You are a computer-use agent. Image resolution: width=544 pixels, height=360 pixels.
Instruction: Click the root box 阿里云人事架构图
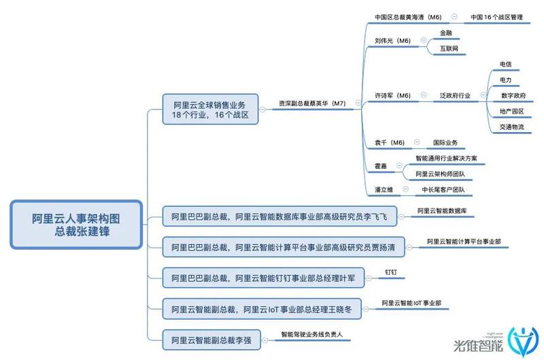click(76, 225)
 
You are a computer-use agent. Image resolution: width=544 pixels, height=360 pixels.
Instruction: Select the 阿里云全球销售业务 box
click(210, 110)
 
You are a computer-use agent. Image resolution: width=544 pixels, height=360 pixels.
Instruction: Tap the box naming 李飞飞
click(279, 216)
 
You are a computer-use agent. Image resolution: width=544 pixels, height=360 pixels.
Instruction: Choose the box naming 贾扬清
click(284, 247)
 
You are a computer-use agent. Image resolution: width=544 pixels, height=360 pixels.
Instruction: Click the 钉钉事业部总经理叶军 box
click(263, 278)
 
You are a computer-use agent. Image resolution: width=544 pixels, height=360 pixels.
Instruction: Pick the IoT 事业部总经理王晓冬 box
click(262, 309)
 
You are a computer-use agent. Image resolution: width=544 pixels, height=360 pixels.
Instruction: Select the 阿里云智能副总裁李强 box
click(211, 340)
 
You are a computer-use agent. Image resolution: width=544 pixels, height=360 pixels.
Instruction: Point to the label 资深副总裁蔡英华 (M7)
click(312, 103)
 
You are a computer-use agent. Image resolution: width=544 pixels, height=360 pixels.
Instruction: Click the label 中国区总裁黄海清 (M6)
click(408, 17)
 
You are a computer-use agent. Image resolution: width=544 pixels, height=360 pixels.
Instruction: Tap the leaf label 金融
click(446, 33)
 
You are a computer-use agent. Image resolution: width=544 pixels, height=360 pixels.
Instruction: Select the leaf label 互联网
click(449, 48)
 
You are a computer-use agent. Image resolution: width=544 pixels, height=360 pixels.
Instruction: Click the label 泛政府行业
click(455, 95)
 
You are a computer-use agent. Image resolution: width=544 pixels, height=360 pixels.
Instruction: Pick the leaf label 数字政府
click(513, 95)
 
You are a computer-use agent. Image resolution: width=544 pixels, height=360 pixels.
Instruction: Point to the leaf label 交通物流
click(512, 127)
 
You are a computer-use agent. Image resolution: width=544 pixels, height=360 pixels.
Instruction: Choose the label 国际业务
click(445, 142)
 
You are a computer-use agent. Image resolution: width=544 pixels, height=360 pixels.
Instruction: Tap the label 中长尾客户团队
click(443, 190)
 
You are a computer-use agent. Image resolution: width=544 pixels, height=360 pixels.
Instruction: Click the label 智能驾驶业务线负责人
click(311, 334)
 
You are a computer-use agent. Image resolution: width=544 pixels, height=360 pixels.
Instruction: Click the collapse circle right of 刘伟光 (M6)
click(423, 40)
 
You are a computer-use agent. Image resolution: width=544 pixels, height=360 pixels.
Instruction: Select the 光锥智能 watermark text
click(478, 345)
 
